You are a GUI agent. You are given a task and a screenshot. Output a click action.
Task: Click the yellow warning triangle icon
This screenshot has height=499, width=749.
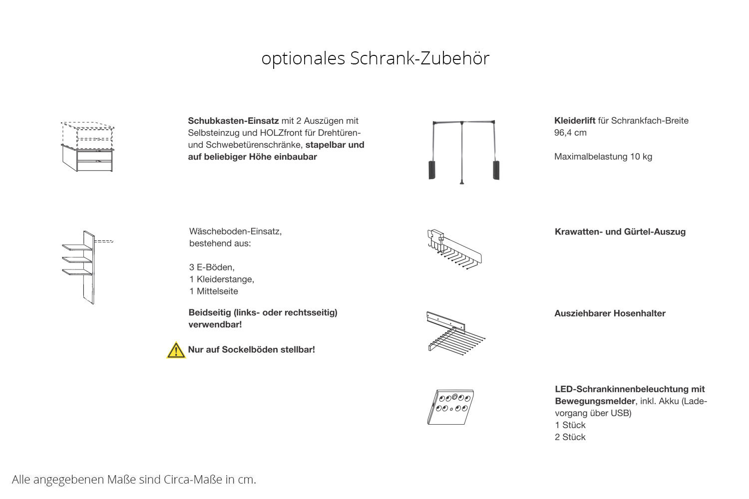(x=176, y=350)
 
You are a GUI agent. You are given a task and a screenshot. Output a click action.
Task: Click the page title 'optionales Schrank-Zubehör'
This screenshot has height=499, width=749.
(x=375, y=58)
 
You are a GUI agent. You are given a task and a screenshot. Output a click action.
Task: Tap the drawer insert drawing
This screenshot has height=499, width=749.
(x=88, y=147)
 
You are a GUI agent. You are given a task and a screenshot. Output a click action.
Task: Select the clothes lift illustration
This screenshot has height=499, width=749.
(x=463, y=151)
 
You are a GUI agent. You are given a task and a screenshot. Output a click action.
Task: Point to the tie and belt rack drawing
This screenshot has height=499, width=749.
(x=454, y=249)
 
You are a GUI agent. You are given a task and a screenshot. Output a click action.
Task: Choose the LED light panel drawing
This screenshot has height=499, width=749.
(x=450, y=407)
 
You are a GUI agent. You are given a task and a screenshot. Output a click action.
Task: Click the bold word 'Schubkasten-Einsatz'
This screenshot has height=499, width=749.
(x=233, y=121)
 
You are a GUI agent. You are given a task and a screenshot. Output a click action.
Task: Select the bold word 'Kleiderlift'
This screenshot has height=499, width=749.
(x=574, y=121)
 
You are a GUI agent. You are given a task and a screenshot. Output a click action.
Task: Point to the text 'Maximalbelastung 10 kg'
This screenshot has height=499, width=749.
(x=603, y=157)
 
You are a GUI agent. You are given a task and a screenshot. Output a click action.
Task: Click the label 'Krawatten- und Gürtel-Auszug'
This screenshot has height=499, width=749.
(x=620, y=232)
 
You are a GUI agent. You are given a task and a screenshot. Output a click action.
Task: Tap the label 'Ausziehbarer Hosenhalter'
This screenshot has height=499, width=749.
(x=610, y=313)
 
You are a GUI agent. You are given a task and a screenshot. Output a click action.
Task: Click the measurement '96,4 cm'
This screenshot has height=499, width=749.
(x=570, y=133)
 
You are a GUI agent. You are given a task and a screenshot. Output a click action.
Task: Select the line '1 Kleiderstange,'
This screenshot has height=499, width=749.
(x=221, y=279)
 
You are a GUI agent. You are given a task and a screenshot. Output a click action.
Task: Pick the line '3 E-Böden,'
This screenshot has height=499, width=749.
(x=212, y=267)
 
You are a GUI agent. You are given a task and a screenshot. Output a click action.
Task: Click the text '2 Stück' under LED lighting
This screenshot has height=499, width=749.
(x=570, y=437)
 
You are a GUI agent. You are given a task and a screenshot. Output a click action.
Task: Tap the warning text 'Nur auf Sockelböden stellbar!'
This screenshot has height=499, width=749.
(x=251, y=350)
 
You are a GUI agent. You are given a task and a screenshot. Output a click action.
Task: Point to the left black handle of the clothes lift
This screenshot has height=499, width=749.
(x=432, y=170)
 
